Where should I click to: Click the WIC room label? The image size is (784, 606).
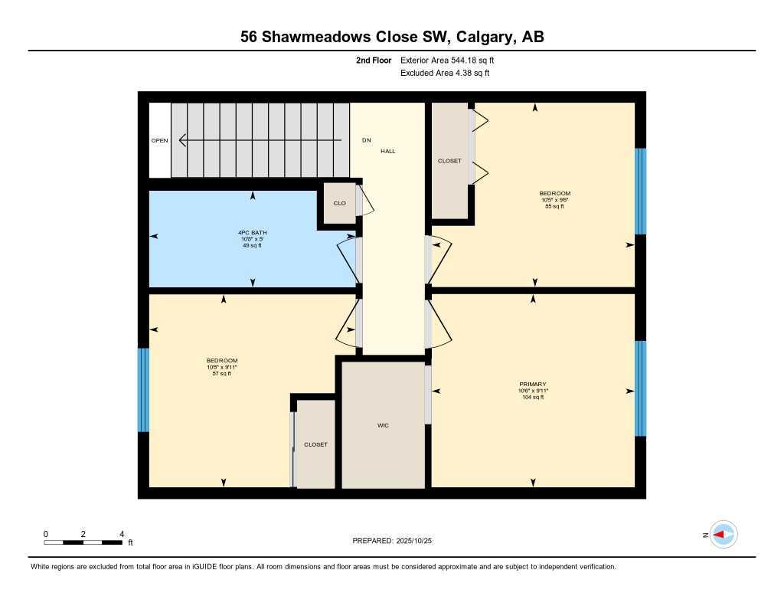pyautogui.click(x=383, y=425)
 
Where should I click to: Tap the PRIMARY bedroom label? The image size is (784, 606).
pyautogui.click(x=532, y=384)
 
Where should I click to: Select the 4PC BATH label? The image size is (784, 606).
pyautogui.click(x=252, y=232)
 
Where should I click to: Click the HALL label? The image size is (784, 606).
pyautogui.click(x=388, y=152)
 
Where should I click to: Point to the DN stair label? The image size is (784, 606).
pyautogui.click(x=366, y=141)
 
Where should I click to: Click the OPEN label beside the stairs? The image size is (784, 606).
pyautogui.click(x=159, y=141)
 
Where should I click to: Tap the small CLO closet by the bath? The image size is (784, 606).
pyautogui.click(x=339, y=204)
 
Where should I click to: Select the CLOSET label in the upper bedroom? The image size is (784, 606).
pyautogui.click(x=449, y=161)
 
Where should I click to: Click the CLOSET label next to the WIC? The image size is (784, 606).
pyautogui.click(x=315, y=444)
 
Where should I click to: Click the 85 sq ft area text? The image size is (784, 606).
pyautogui.click(x=554, y=206)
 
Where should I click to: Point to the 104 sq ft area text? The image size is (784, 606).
pyautogui.click(x=532, y=398)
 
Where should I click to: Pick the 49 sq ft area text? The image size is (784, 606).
pyautogui.click(x=252, y=245)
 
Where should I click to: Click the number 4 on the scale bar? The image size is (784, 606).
pyautogui.click(x=121, y=533)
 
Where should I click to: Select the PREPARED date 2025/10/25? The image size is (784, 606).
pyautogui.click(x=420, y=541)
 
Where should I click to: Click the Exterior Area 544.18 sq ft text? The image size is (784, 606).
pyautogui.click(x=452, y=60)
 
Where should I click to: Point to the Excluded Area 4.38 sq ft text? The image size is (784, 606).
pyautogui.click(x=444, y=74)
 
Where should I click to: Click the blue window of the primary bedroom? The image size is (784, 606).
pyautogui.click(x=641, y=388)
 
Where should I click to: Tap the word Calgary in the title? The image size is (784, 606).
pyautogui.click(x=479, y=37)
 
